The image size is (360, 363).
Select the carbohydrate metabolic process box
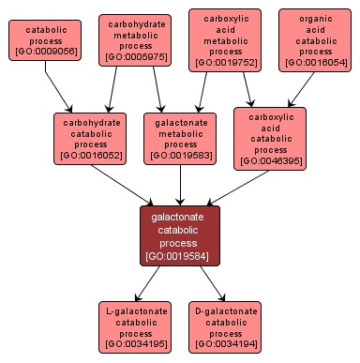click(x=136, y=38)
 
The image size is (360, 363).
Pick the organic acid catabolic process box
click(x=315, y=40)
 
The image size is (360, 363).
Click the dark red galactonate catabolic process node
click(x=180, y=235)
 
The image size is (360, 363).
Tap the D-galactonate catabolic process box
click(x=225, y=326)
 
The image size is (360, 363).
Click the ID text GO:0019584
click(x=180, y=255)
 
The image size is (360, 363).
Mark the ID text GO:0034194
click(x=225, y=344)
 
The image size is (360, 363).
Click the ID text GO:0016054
click(x=315, y=61)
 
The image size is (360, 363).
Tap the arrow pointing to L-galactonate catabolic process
click(x=150, y=284)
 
